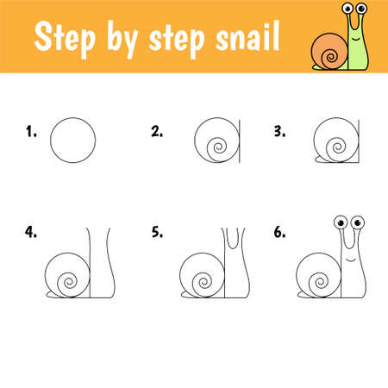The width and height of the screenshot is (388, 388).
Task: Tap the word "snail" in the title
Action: pyautogui.click(x=247, y=37)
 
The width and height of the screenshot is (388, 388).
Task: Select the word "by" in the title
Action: pyautogui.click(x=122, y=40)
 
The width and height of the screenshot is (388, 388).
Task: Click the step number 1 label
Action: pyautogui.click(x=31, y=131)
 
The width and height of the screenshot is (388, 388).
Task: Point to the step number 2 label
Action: pyautogui.click(x=157, y=131)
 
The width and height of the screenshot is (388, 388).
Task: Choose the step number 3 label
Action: pyautogui.click(x=279, y=131)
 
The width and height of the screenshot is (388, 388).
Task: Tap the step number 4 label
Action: pyautogui.click(x=31, y=232)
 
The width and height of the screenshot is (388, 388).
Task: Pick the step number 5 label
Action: pyautogui.click(x=157, y=232)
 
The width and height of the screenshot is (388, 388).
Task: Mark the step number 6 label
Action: pyautogui.click(x=279, y=232)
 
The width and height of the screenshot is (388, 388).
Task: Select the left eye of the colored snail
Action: pyautogui.click(x=347, y=8)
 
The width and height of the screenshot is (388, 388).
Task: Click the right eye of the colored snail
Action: pyautogui.click(x=361, y=8)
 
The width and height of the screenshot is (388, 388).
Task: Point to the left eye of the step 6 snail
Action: pyautogui.click(x=341, y=222)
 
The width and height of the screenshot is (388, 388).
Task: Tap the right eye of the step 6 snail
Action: pyautogui.click(x=358, y=222)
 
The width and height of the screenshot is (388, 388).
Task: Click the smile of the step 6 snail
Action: pyautogui.click(x=350, y=260)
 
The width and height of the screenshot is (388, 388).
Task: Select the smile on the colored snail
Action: pyautogui.click(x=356, y=39)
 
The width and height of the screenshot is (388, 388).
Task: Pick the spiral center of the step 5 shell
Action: pyautogui.click(x=203, y=283)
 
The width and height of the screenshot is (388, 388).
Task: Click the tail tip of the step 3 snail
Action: pyautogui.click(x=315, y=160)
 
